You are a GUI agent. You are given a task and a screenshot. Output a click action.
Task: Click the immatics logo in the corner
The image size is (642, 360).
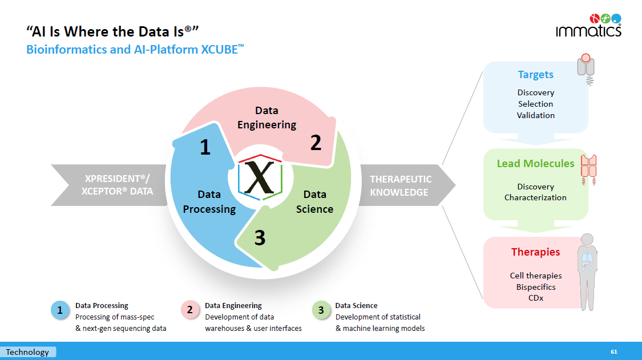[x=588, y=26]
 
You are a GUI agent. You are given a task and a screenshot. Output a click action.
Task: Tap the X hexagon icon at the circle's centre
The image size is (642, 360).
[x=260, y=177]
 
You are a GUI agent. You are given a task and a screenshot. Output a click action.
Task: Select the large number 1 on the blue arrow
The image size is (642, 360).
[x=205, y=147]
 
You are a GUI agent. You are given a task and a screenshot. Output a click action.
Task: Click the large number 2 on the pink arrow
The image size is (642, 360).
[x=316, y=143]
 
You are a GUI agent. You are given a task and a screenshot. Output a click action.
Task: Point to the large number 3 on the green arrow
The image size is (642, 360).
[x=260, y=237]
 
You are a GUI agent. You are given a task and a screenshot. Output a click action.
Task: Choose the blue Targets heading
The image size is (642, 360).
[x=535, y=75]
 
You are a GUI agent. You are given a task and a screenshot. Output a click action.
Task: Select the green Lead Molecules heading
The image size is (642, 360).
[x=535, y=163]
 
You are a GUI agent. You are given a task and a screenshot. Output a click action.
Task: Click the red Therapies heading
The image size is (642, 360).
[x=535, y=252]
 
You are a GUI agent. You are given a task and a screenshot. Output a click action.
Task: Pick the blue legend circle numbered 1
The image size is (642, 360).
[x=60, y=310]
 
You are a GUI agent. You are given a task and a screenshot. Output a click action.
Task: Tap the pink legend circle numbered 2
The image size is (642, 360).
[x=189, y=310]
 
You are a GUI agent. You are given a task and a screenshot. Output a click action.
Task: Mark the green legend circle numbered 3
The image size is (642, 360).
[x=321, y=310]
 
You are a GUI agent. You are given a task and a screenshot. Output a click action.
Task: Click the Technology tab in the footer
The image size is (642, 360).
[x=27, y=352]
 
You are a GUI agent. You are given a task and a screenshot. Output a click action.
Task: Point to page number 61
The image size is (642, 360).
[x=613, y=352]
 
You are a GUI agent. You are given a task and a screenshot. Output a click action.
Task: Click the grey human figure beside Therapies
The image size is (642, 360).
[x=588, y=272]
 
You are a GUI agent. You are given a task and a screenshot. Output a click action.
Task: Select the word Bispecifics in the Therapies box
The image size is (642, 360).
[x=535, y=287]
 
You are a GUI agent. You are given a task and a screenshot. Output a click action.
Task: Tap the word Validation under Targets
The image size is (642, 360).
[x=535, y=115]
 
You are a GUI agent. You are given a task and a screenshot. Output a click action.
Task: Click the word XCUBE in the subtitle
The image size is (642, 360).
[x=219, y=50]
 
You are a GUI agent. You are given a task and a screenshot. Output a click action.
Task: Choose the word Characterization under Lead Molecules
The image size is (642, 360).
[x=535, y=197]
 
